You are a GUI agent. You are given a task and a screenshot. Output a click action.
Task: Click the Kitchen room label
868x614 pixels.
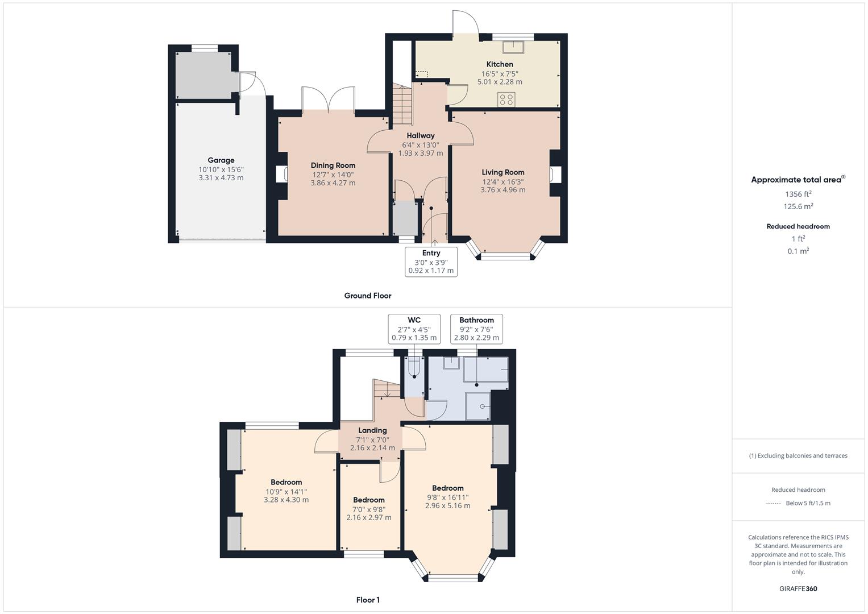click(x=500, y=64)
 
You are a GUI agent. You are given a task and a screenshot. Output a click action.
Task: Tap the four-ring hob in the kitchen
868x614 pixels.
click(x=506, y=99)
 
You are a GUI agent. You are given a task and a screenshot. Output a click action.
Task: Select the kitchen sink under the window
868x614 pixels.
click(x=513, y=47)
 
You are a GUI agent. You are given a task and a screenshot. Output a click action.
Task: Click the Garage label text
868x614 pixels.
click(x=221, y=160)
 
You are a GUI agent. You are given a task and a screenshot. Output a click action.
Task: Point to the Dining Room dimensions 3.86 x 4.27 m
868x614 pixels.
click(x=333, y=183)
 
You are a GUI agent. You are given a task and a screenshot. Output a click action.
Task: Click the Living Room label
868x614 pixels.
click(x=503, y=172)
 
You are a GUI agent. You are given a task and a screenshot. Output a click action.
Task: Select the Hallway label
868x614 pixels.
click(x=421, y=136)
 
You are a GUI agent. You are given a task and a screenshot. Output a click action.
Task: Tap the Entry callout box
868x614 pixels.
click(x=431, y=262)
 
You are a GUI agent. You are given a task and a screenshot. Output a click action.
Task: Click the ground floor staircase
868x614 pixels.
click(x=402, y=105)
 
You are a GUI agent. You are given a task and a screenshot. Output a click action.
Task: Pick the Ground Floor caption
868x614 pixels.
click(x=368, y=296)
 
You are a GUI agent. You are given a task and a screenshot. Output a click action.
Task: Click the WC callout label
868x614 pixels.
click(x=414, y=329)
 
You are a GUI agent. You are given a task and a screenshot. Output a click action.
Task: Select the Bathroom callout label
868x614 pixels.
click(x=476, y=329)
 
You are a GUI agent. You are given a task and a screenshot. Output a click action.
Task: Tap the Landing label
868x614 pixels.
click(x=372, y=430)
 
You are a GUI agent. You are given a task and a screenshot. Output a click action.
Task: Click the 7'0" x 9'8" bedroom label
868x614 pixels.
click(x=369, y=509)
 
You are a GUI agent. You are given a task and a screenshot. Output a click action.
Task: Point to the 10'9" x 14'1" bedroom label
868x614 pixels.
click(x=286, y=491)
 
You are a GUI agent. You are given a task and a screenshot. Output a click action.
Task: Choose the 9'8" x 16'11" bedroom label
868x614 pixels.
click(x=448, y=496)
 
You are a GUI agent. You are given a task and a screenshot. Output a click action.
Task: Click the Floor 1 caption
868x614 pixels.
click(x=368, y=600)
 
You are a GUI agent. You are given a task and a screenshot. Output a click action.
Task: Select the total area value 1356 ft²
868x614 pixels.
click(x=798, y=194)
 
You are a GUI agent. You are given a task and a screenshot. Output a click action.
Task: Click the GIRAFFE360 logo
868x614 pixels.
click(x=798, y=589)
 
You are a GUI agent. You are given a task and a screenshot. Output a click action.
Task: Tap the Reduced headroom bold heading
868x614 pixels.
click(x=798, y=226)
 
